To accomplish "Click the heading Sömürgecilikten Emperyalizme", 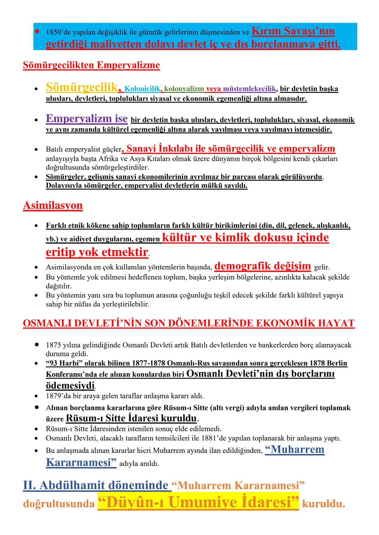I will (x=91, y=66).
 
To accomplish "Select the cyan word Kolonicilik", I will (x=142, y=89).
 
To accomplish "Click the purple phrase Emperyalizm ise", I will (x=86, y=118).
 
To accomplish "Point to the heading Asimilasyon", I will (x=53, y=205).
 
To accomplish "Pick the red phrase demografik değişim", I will (x=262, y=266).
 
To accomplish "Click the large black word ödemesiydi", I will (x=70, y=386).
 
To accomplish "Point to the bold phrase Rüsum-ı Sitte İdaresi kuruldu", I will (x=132, y=418).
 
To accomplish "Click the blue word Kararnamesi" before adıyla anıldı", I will (x=81, y=462).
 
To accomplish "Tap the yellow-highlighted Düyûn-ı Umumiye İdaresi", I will (x=198, y=502).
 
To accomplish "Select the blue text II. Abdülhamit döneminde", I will (x=95, y=486).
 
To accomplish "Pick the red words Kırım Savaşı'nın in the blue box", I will (x=293, y=32).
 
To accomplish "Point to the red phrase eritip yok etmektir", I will (x=97, y=252).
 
